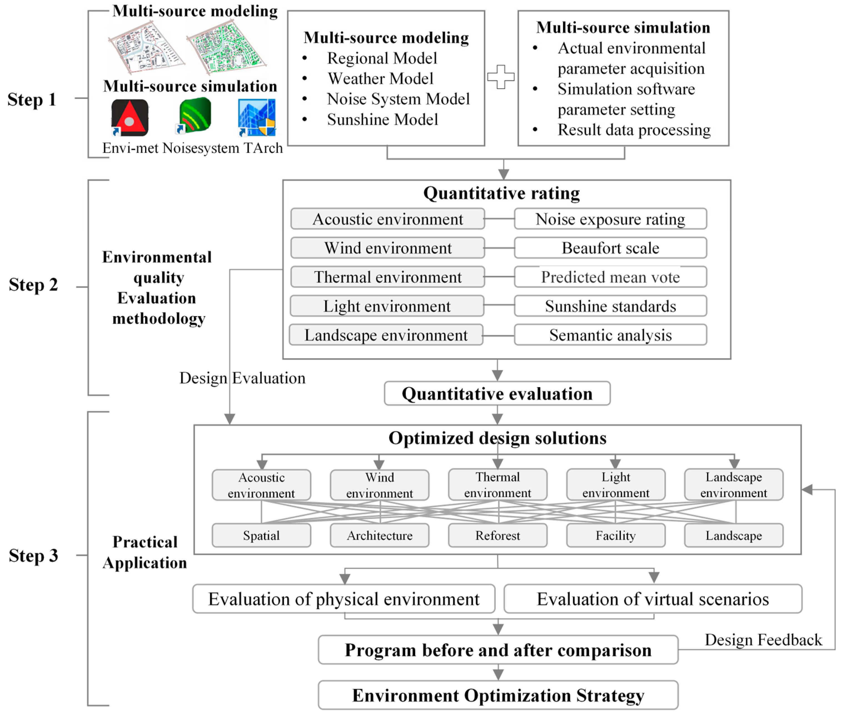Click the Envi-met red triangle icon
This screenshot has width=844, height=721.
[130, 117]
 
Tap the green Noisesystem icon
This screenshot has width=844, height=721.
[195, 115]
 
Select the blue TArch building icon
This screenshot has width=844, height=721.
[257, 117]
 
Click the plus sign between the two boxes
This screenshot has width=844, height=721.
[501, 77]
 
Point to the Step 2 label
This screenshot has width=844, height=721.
[33, 285]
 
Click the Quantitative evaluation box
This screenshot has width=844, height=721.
[497, 394]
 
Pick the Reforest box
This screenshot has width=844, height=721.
[497, 535]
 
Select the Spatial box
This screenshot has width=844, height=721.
[261, 535]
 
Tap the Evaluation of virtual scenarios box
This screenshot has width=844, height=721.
[653, 599]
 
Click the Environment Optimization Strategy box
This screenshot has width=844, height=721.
[498, 695]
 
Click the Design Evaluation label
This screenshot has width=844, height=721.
[242, 378]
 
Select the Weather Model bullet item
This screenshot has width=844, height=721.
[380, 79]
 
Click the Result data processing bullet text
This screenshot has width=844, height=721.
[634, 130]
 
